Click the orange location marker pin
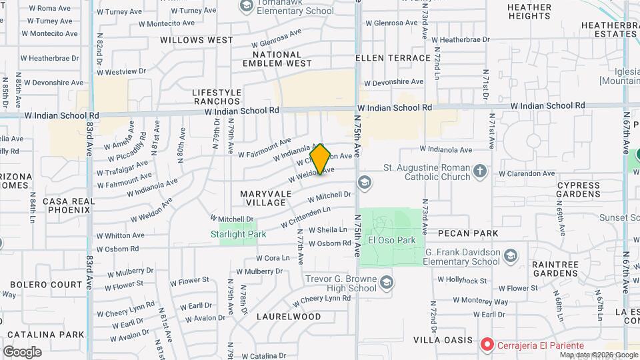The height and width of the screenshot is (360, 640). coord(321,159)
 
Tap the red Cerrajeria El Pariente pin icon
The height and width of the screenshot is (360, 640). coord(487,345)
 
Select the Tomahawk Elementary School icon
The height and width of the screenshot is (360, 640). coord(245,6)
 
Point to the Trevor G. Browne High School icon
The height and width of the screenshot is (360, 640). coord(386,284)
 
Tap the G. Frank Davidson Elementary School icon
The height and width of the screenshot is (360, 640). coord(511,257)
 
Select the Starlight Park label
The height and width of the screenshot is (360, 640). coord(238,234)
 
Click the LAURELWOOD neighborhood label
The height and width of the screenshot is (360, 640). coord(289,317)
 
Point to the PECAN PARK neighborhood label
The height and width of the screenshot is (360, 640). coord(468,233)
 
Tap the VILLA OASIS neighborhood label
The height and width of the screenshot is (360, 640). coord(443,340)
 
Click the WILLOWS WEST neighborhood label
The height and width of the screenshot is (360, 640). coord(197,40)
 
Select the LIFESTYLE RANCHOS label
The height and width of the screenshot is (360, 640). coord(217,97)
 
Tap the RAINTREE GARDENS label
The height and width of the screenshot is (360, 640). coord(555,269)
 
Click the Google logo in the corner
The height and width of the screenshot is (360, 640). coord(22,351)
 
